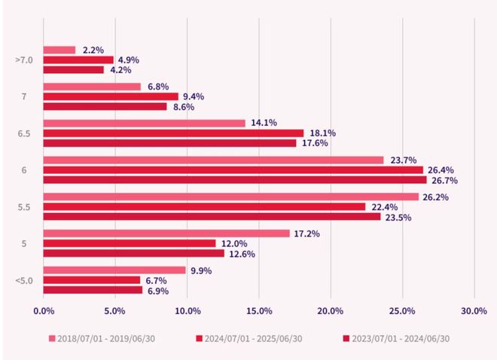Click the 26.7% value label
tap(444, 181)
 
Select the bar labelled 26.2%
tap(230, 197)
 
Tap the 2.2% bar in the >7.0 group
tap(59, 50)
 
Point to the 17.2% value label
tap(307, 233)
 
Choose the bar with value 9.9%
tap(114, 270)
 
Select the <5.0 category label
tap(24, 280)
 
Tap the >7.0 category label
tap(24, 59)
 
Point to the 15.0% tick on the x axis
tap(258, 310)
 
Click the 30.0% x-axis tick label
tap(474, 310)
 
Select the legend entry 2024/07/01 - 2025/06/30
tap(254, 338)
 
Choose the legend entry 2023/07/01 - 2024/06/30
tap(399, 338)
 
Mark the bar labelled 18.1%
tap(173, 133)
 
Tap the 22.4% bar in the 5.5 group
tap(204, 207)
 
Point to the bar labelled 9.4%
tap(111, 96)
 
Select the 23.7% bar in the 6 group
tap(213, 160)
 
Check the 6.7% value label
tap(157, 280)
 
